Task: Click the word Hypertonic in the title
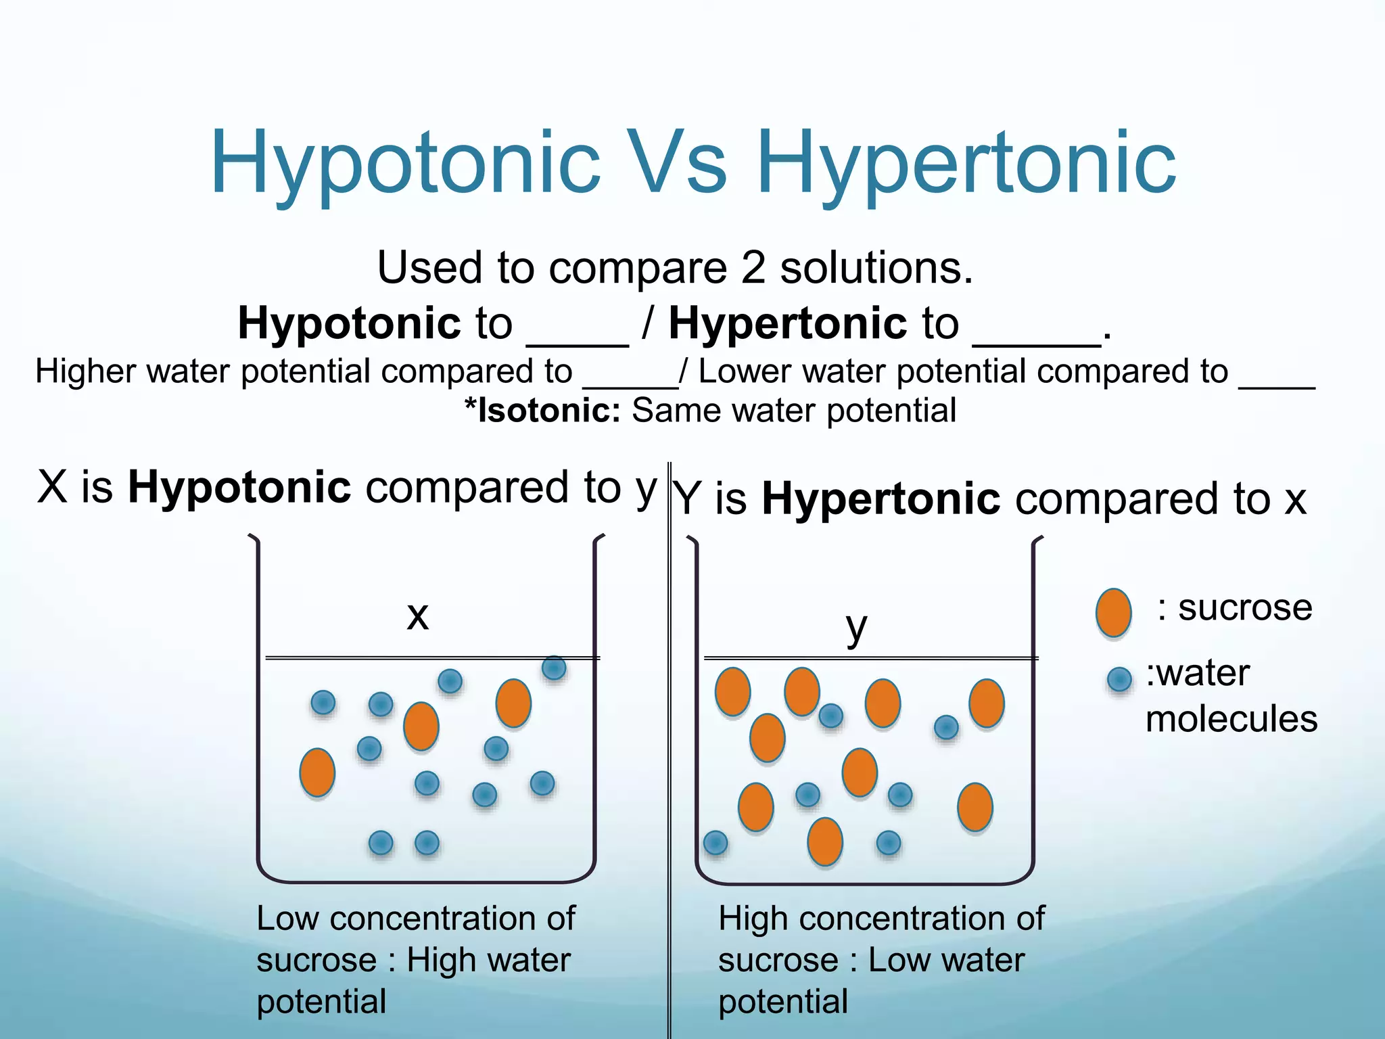point(967,164)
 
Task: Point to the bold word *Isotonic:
point(542,411)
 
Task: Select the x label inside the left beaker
point(418,616)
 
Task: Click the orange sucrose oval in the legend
point(1113,613)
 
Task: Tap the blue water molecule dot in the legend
point(1119,678)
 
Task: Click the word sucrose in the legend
point(1245,607)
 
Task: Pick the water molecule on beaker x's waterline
point(554,668)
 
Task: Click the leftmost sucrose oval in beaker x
point(317,772)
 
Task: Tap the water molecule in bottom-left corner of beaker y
point(715,843)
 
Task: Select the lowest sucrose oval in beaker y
point(825,841)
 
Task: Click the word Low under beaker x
point(287,919)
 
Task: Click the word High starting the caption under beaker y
point(753,919)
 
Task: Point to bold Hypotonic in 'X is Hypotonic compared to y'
point(239,487)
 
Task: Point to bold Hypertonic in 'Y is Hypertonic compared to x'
point(881,499)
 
